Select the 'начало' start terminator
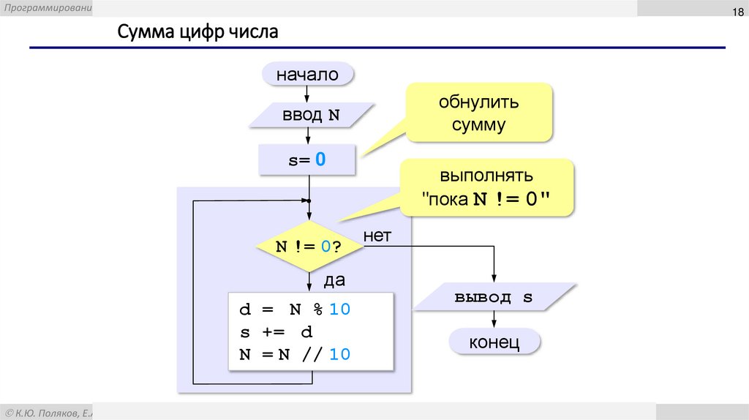307,75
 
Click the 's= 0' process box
307,160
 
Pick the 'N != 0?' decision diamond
309,247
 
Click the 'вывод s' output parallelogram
494,299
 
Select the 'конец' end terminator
494,342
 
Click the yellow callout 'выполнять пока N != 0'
486,189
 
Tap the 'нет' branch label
377,236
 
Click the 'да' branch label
334,280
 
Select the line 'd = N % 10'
296,310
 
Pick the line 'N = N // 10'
296,355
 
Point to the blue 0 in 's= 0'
320,160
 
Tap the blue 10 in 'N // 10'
339,355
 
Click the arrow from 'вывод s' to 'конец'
494,319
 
